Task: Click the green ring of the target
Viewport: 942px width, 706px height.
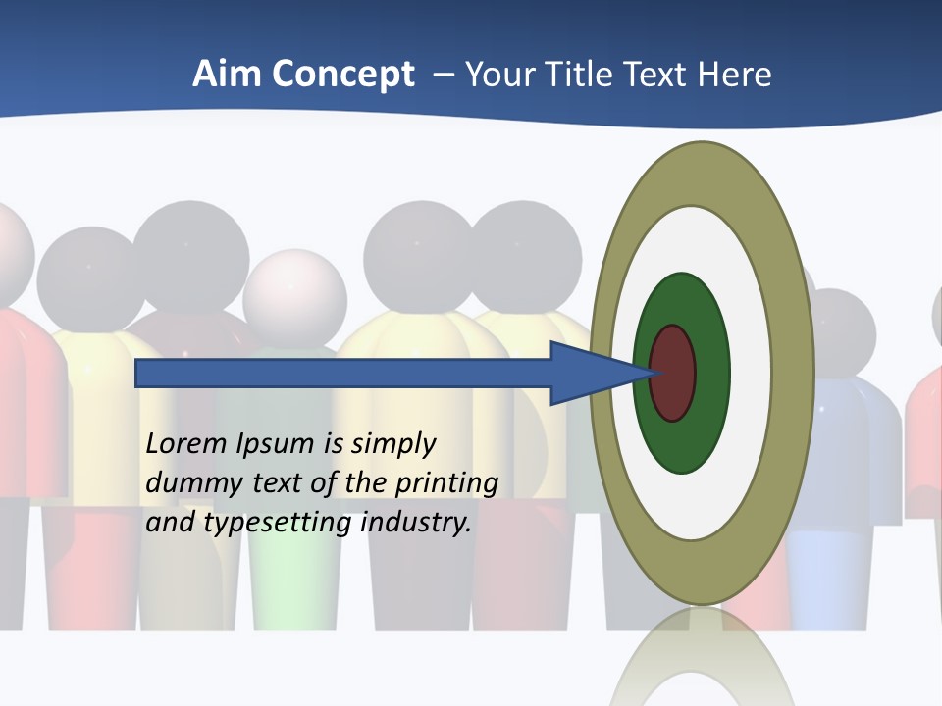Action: coord(682,446)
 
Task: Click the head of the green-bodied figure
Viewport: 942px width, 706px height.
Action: coord(294,297)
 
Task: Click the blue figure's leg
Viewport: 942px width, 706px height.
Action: coord(824,579)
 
